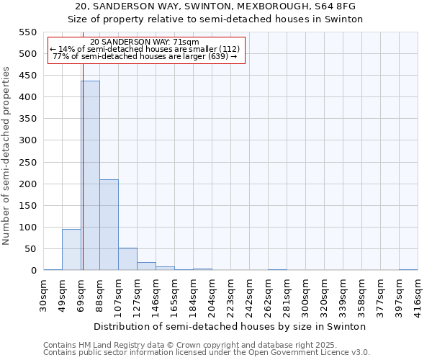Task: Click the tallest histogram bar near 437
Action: point(90,176)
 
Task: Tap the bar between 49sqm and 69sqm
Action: point(71,249)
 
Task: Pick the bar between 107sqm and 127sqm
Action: point(127,259)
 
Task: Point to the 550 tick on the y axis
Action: point(27,32)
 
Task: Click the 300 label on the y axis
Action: point(27,140)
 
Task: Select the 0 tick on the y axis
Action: point(33,271)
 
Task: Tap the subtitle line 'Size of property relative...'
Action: point(216,19)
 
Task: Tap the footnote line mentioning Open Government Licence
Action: point(207,352)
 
